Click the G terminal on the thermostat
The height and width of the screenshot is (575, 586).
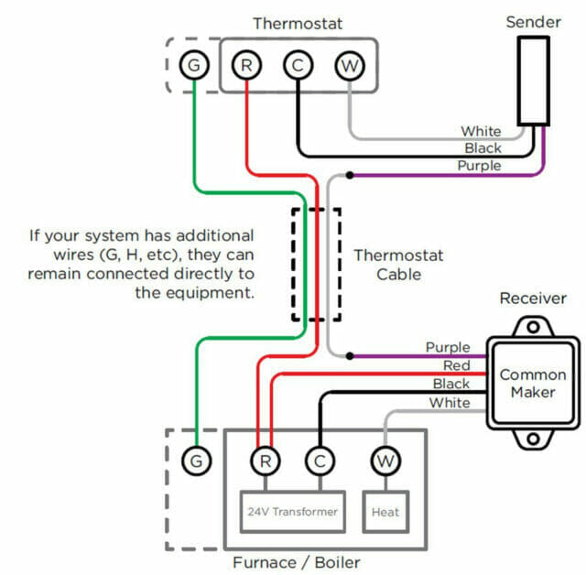point(193,65)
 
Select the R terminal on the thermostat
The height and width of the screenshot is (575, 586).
point(246,65)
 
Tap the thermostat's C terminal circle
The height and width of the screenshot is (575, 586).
point(298,65)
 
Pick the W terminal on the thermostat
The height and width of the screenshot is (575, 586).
point(349,65)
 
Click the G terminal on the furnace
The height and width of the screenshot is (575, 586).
point(194,461)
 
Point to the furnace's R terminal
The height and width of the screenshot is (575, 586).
point(265,461)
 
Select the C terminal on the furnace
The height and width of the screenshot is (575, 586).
point(319,461)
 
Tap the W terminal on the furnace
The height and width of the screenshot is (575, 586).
point(385,461)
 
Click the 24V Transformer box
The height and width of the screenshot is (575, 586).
point(292,512)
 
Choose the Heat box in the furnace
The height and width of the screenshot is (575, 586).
point(385,512)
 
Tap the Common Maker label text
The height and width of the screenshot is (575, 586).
point(533,384)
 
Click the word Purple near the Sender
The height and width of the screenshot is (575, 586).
point(479,166)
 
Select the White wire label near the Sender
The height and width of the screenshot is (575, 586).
point(481,132)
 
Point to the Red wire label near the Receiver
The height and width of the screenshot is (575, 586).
point(455,366)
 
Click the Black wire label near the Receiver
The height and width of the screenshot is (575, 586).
point(451,385)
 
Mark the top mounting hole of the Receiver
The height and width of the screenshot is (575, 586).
point(533,326)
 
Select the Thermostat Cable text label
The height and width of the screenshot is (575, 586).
point(387,265)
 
